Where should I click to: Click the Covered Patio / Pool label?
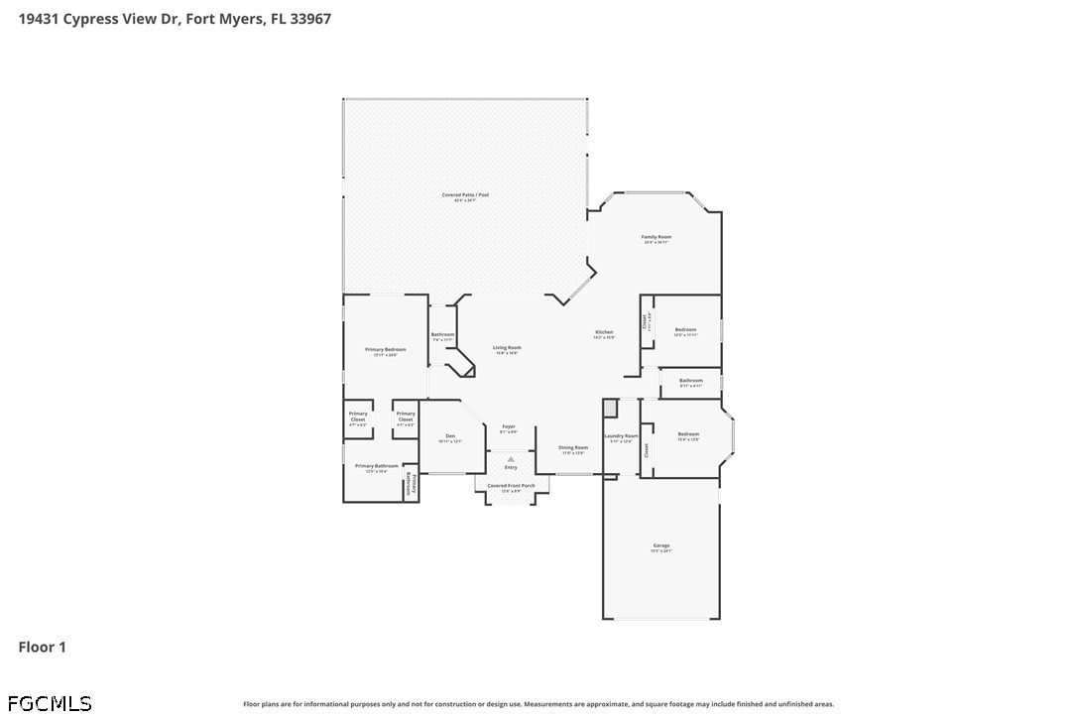tap(465, 195)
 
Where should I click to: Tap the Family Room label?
tap(657, 237)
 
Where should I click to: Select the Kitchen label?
tap(604, 332)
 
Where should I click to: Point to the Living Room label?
tap(507, 348)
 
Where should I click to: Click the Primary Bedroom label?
tap(386, 350)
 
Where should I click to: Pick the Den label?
tap(450, 437)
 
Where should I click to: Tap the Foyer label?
tap(508, 427)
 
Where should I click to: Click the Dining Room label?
tap(573, 448)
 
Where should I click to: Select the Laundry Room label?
tap(621, 436)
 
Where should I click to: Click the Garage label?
tap(661, 545)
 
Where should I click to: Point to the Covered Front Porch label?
tap(511, 486)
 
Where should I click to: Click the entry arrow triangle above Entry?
tap(511, 459)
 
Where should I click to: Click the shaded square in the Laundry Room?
tap(610, 408)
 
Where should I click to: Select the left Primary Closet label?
tap(358, 417)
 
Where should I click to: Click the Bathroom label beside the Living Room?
tap(442, 335)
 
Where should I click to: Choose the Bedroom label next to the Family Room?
tap(685, 330)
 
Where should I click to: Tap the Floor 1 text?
tap(43, 648)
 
